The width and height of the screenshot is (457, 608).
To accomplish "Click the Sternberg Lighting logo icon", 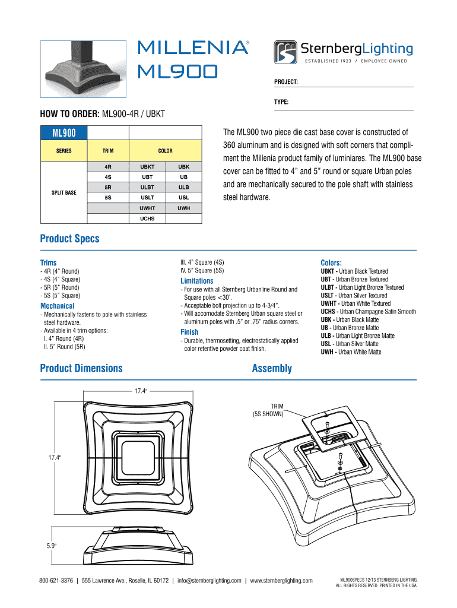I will point(287,52).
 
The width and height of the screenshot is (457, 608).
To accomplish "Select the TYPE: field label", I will point(281,103).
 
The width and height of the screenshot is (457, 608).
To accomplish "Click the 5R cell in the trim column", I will point(108,188).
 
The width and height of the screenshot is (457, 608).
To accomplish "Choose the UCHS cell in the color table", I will point(147,218).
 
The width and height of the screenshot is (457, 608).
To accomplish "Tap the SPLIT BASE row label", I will point(64,192).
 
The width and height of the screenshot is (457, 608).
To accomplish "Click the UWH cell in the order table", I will point(184,208).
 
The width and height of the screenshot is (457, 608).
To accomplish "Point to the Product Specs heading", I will point(69,239).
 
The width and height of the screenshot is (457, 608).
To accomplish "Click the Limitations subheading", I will point(197,280).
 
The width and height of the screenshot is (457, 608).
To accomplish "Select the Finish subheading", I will point(189,332).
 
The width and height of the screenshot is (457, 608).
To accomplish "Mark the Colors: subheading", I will point(331,262).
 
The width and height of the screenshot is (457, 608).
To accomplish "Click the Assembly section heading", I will point(272,369).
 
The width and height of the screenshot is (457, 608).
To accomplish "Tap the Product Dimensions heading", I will point(81,369).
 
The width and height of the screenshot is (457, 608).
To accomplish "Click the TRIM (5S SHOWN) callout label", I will point(269,410).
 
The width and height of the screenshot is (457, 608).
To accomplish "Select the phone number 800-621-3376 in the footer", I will point(56,581).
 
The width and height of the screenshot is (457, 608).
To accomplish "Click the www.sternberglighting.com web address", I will point(281,581).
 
